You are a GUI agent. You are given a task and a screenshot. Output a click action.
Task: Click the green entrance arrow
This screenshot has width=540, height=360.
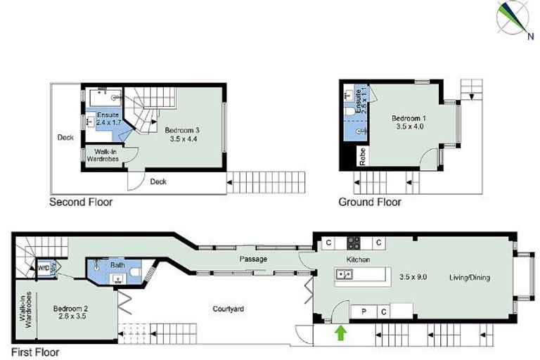click(x=341, y=332)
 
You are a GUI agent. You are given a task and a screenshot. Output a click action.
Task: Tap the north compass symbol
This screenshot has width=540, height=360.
click(x=514, y=18)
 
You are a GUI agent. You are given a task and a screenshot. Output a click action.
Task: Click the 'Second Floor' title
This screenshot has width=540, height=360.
click(x=80, y=202)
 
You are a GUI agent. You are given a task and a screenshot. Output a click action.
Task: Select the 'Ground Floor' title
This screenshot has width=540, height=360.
click(x=370, y=202)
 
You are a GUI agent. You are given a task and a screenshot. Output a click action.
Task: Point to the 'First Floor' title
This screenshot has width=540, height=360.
click(x=35, y=352)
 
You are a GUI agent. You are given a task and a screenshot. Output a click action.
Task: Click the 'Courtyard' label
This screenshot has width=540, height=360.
click(x=229, y=309)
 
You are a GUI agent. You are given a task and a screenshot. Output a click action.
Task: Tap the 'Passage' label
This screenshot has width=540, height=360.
click(x=253, y=259)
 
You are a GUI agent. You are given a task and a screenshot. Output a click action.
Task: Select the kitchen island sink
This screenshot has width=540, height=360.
click(x=345, y=274)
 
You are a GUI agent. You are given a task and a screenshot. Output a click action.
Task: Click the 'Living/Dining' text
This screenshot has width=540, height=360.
click(x=470, y=278)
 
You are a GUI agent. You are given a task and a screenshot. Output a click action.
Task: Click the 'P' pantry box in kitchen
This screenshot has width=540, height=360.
click(x=365, y=311)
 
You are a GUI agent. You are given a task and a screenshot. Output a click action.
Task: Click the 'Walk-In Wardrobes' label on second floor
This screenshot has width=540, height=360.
click(x=102, y=155)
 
